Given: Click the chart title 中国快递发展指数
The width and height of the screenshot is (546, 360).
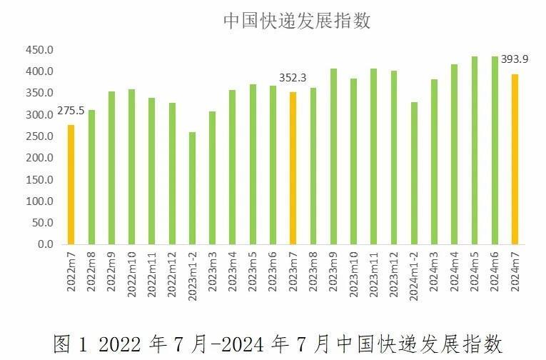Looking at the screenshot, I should click(x=297, y=21).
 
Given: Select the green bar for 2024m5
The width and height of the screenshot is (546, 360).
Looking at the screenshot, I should click(x=475, y=150).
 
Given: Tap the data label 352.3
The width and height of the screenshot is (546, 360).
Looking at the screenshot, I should click(x=293, y=78).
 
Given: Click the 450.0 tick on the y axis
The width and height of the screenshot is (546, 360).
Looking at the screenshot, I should click(x=39, y=50).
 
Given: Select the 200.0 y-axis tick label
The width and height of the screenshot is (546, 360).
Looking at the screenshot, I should click(x=39, y=158).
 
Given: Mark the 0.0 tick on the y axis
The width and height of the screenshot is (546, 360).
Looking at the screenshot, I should click(x=44, y=244).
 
